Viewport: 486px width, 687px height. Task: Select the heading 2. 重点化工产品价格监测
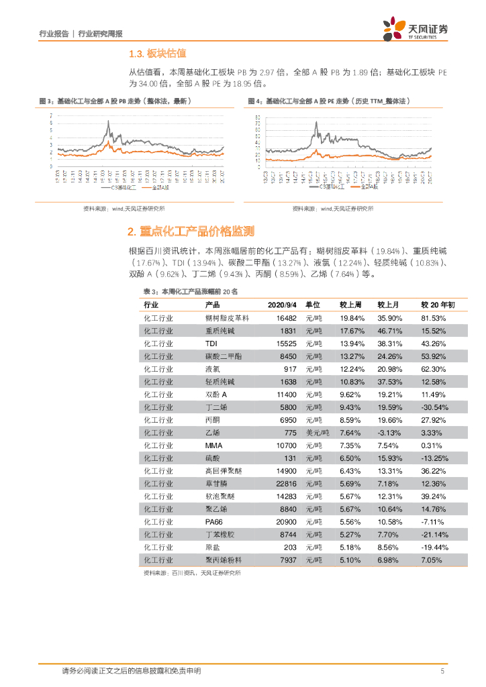(x=191, y=231)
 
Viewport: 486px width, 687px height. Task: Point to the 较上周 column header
(x=351, y=305)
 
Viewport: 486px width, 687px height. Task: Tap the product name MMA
(x=213, y=445)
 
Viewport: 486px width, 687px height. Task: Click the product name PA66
(x=213, y=521)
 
